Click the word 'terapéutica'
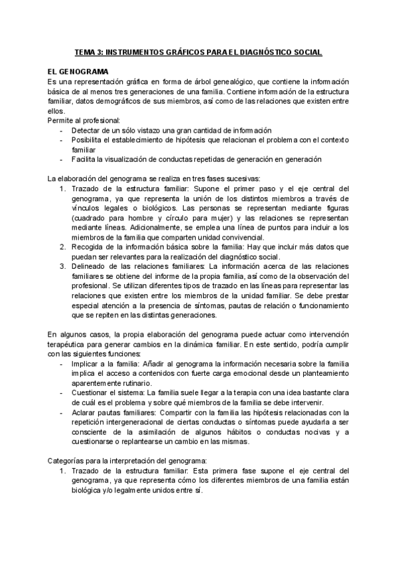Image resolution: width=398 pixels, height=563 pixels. (x=68, y=345)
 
